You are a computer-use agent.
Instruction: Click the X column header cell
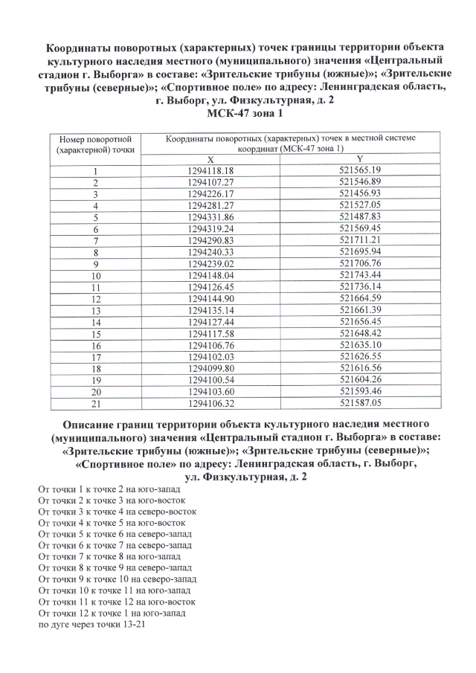coord(210,160)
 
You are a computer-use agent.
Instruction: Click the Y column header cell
coord(359,159)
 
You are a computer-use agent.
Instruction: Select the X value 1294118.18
coord(211,170)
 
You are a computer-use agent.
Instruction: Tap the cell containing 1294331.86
coord(211,216)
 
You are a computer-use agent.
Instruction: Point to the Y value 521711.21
coord(360,239)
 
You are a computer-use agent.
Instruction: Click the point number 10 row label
coord(96,276)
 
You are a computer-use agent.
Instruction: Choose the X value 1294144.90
coord(211,298)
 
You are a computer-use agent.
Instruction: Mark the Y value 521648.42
coord(360,333)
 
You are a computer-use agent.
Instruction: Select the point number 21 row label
coord(96,403)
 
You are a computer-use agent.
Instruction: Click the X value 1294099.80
coord(211,368)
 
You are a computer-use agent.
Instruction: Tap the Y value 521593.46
coord(360,391)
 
